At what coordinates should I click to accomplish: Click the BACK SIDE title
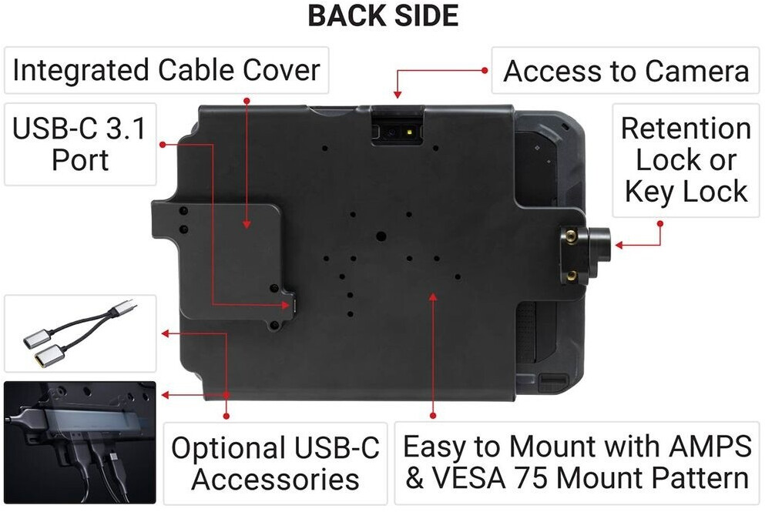383,16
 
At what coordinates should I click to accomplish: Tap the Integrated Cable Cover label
166,71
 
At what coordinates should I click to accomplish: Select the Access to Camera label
626,72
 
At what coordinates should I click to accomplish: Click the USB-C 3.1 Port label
79,144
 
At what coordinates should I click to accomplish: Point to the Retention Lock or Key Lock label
686,159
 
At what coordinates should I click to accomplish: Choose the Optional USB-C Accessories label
275,463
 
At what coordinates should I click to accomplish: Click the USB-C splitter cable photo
79,334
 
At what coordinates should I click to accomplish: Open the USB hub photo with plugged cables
79,442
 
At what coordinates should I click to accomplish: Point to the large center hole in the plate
381,236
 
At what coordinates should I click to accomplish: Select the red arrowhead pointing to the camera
398,95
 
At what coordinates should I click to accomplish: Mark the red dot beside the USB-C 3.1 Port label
162,144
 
